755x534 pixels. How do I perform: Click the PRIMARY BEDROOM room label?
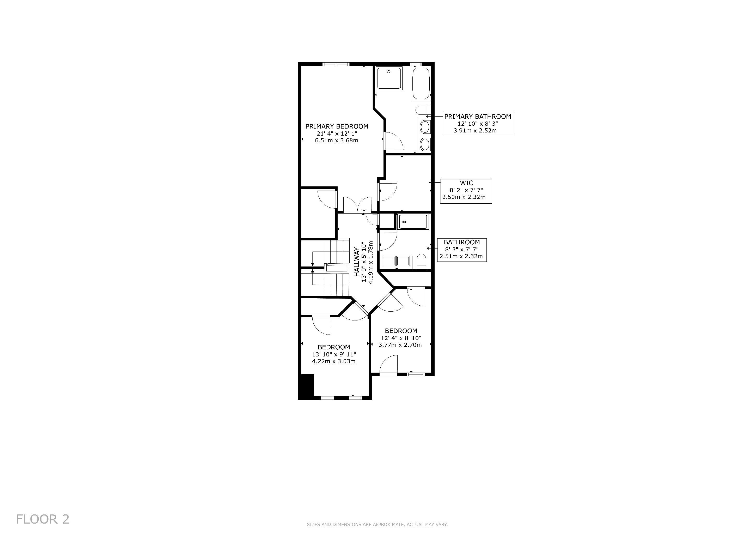pyautogui.click(x=337, y=126)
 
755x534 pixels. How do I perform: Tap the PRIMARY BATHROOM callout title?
pyautogui.click(x=478, y=116)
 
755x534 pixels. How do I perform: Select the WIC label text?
pyautogui.click(x=466, y=183)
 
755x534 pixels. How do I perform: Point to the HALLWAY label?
pyautogui.click(x=357, y=262)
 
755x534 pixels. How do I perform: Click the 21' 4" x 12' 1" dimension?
pyautogui.click(x=337, y=133)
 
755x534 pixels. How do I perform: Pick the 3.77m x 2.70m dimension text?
pyautogui.click(x=400, y=345)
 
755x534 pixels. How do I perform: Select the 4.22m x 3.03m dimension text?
pyautogui.click(x=334, y=361)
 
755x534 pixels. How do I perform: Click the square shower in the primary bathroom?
pyautogui.click(x=389, y=78)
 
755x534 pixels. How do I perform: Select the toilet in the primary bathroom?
pyautogui.click(x=423, y=110)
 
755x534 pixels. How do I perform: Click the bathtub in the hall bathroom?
pyautogui.click(x=413, y=222)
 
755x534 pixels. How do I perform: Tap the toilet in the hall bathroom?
pyautogui.click(x=421, y=262)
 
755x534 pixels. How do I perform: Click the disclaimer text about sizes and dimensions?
pyautogui.click(x=377, y=524)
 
